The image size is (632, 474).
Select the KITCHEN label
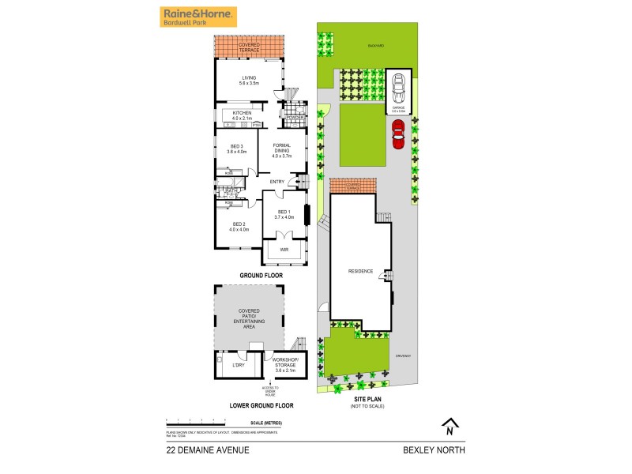pos(242,116)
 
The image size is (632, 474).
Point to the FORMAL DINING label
pos(282,150)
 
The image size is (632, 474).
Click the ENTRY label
pos(277,182)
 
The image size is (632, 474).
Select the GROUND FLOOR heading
pos(261,275)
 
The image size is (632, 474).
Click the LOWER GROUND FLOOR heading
pos(261,405)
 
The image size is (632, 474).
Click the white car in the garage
pos(398,84)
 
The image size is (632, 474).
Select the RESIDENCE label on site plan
pos(360,271)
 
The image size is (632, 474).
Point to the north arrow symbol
pos(449,427)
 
